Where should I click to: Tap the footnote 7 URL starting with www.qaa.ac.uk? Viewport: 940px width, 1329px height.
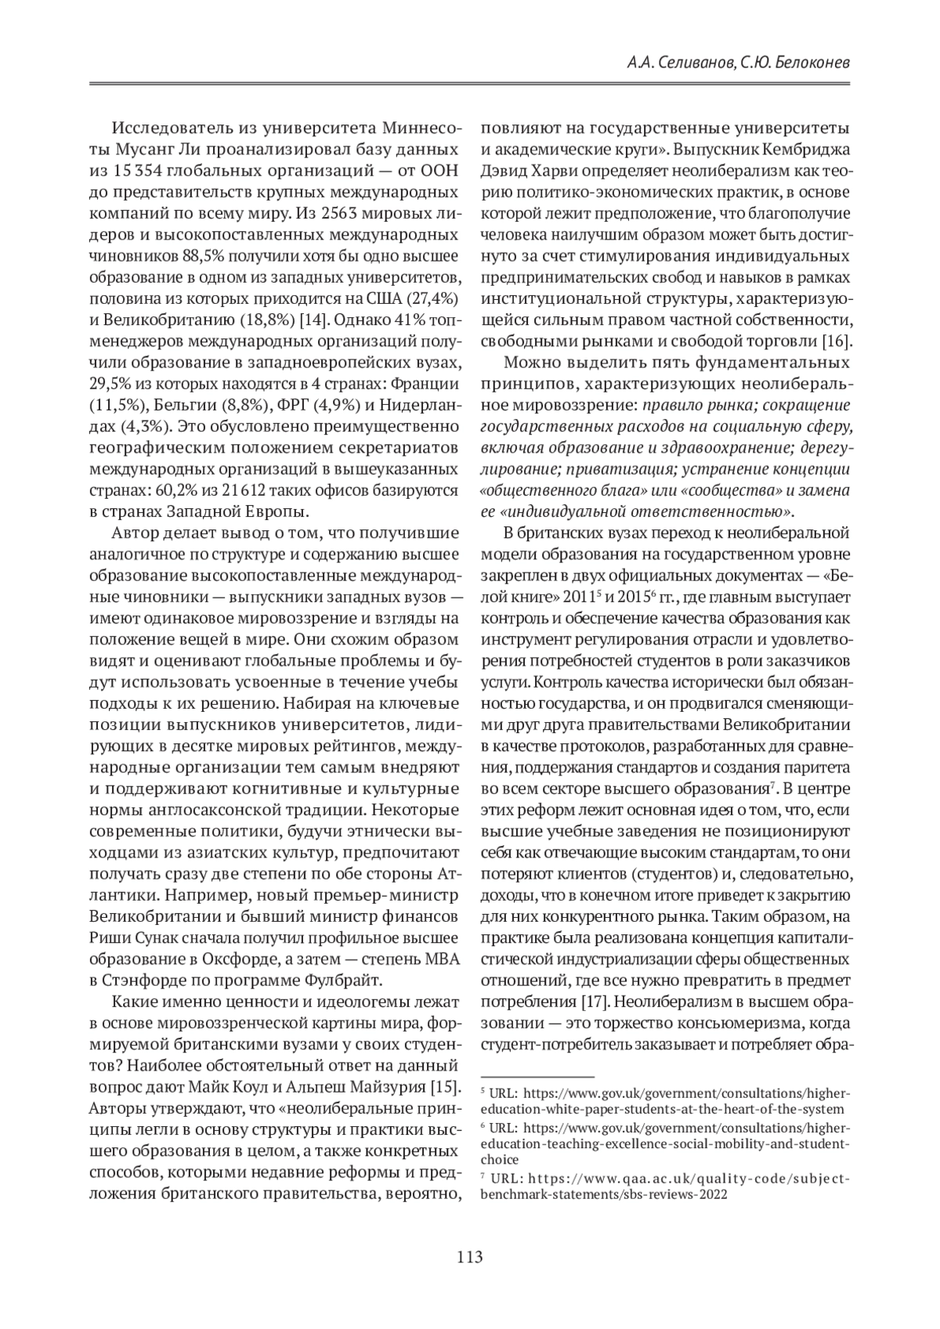click(x=666, y=1179)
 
